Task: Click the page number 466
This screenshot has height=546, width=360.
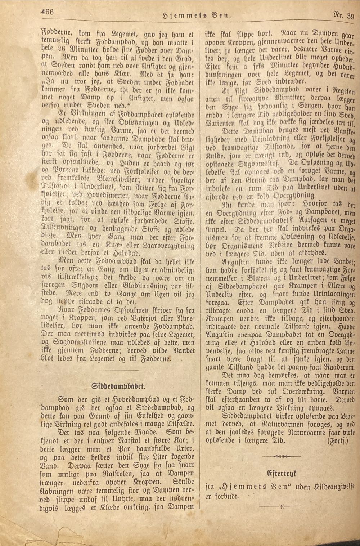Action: click(47, 12)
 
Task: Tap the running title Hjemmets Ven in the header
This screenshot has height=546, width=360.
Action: click(197, 15)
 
